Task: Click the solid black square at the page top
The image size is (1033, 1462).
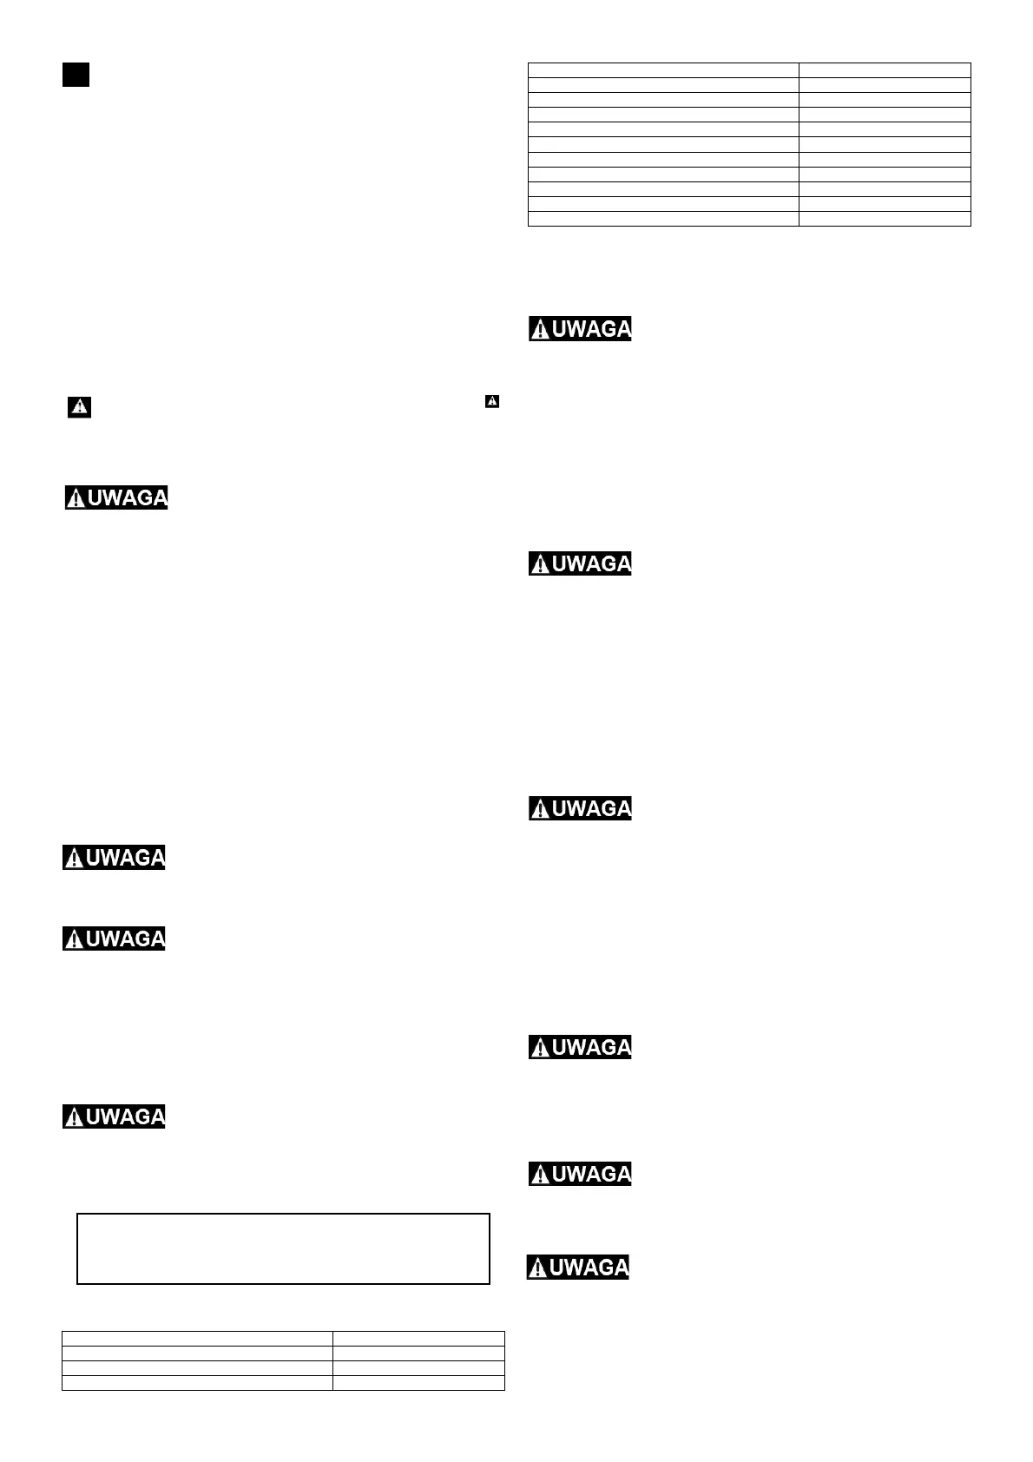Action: (x=76, y=75)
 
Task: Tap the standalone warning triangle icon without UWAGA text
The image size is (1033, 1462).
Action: (x=80, y=406)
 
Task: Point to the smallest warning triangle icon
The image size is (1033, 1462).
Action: (x=492, y=401)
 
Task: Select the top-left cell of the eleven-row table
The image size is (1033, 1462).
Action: (x=663, y=70)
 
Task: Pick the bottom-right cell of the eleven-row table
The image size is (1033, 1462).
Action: (x=885, y=219)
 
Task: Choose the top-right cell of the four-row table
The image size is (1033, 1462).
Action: (x=418, y=1338)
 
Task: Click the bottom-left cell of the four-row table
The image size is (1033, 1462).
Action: (x=197, y=1382)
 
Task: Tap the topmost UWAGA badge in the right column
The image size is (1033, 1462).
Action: (x=580, y=328)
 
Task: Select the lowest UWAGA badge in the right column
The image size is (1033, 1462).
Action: (x=578, y=1267)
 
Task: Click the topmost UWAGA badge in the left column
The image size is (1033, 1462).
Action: (x=116, y=497)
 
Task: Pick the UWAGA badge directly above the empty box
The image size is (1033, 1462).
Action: (x=114, y=1116)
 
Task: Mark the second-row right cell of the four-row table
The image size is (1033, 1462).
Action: (x=418, y=1353)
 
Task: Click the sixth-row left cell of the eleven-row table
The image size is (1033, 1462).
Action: (x=663, y=145)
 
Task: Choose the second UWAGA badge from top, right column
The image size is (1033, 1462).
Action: (x=580, y=563)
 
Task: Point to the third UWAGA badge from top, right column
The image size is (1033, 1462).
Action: (x=580, y=808)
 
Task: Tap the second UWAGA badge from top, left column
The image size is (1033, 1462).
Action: (x=114, y=857)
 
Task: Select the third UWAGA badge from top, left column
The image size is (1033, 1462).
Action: (x=114, y=938)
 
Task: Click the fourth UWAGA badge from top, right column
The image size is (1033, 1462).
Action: (x=580, y=1047)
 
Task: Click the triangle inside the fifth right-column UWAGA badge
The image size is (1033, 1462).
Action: (x=540, y=1175)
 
